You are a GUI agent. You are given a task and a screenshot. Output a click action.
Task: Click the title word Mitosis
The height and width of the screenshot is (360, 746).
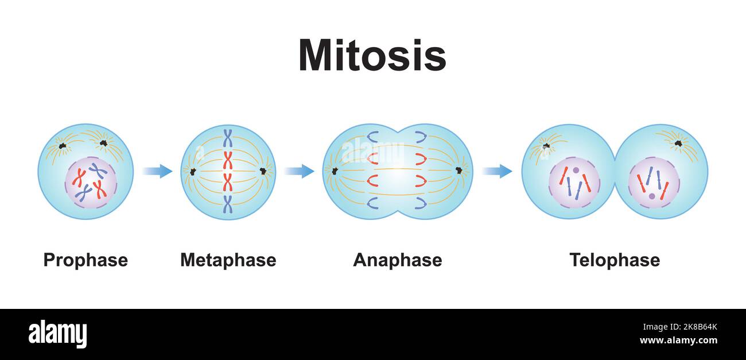click(x=372, y=56)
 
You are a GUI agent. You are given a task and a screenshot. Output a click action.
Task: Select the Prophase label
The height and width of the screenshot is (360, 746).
click(x=86, y=260)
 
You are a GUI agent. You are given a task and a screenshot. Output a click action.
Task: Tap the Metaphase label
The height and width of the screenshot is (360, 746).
click(x=228, y=260)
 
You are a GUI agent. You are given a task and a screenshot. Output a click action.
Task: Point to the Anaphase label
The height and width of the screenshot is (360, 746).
click(x=397, y=260)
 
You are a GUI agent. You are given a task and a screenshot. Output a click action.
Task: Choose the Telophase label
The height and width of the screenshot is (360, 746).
click(x=614, y=260)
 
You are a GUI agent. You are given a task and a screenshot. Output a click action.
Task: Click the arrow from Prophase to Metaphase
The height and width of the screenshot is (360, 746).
click(x=157, y=171)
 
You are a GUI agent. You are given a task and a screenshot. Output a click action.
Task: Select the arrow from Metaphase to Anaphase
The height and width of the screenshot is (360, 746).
click(x=299, y=171)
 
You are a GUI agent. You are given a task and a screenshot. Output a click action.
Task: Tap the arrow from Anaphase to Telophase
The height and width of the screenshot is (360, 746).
click(x=497, y=171)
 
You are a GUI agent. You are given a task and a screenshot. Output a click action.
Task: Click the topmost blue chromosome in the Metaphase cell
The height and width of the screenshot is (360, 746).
click(x=228, y=138)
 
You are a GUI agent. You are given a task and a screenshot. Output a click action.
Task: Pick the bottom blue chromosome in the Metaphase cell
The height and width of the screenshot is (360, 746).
click(x=228, y=204)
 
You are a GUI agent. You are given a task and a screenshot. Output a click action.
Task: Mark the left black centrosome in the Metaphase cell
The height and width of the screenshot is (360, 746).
click(x=193, y=172)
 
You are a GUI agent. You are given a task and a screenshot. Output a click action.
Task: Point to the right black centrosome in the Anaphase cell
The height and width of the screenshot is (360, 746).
click(x=459, y=171)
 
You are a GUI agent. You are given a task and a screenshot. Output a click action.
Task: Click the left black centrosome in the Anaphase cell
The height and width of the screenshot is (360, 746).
click(x=335, y=171)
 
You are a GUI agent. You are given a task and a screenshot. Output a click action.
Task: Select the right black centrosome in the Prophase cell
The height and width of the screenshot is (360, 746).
click(x=103, y=143)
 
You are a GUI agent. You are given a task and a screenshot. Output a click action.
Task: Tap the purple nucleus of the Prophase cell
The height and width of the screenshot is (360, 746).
click(x=91, y=183)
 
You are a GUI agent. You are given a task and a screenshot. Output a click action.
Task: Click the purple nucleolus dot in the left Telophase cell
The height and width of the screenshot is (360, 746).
click(x=576, y=171)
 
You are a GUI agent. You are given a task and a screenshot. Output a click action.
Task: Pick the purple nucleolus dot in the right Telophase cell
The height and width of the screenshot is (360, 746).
click(x=651, y=196)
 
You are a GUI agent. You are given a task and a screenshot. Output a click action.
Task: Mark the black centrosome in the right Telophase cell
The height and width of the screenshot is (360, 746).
click(x=678, y=143)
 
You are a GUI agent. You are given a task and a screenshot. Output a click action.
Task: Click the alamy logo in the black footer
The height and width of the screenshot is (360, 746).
click(x=57, y=334)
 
